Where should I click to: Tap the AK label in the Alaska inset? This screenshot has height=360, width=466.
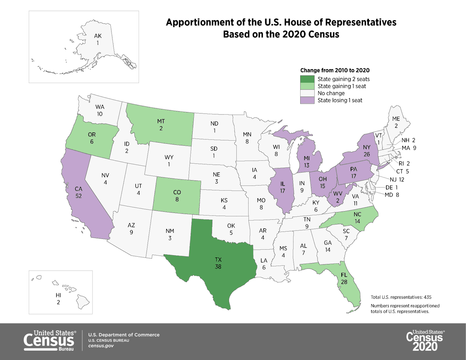(x=98, y=36)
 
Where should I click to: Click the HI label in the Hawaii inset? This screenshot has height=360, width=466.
(x=58, y=295)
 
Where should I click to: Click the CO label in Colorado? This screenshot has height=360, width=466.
(x=177, y=192)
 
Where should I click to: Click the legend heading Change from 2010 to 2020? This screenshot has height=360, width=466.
(x=335, y=71)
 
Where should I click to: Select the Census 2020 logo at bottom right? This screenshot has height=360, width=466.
(x=425, y=341)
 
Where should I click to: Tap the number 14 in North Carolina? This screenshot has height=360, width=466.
(x=358, y=221)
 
